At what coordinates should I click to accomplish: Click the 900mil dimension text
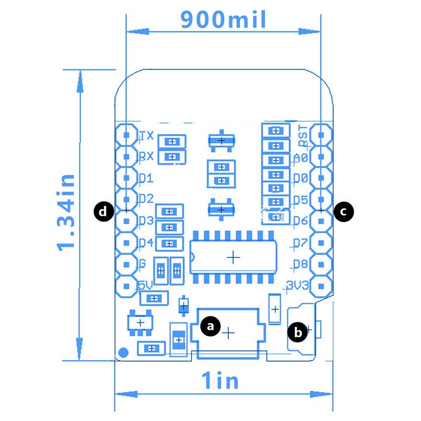(x=223, y=19)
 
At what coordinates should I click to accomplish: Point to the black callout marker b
(x=298, y=332)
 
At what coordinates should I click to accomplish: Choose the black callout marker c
(x=343, y=212)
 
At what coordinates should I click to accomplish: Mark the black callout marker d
(x=104, y=212)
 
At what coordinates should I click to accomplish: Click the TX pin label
(x=146, y=136)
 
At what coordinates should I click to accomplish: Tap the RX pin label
(x=146, y=156)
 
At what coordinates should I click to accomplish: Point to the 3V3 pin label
(x=298, y=286)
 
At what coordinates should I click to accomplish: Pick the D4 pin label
(x=146, y=243)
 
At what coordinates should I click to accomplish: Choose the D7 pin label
(x=300, y=243)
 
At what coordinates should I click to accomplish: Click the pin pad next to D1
(x=126, y=178)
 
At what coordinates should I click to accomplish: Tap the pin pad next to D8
(x=320, y=264)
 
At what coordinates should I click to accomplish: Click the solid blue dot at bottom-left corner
(x=124, y=353)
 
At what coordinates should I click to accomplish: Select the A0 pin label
(x=300, y=157)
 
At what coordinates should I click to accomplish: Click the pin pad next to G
(x=126, y=264)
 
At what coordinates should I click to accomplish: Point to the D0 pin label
(x=300, y=178)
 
